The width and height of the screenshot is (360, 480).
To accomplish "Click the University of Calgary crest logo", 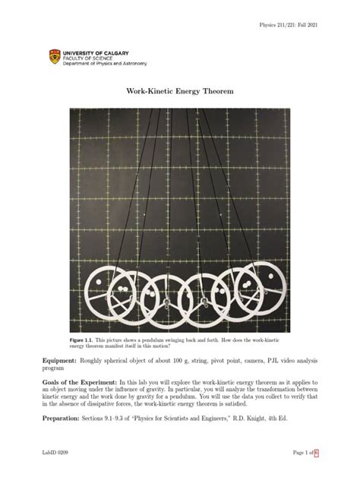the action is (x=52, y=56).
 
